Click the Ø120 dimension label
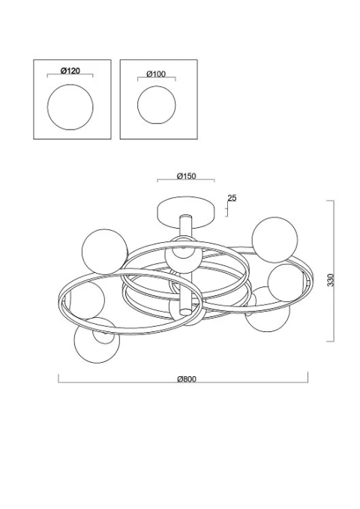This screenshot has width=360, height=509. pyautogui.click(x=70, y=70)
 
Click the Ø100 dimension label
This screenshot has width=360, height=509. pyautogui.click(x=156, y=74)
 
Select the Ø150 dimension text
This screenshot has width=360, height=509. pyautogui.click(x=187, y=176)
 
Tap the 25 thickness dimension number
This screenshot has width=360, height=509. pyautogui.click(x=232, y=198)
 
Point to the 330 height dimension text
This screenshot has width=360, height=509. pyautogui.click(x=330, y=280)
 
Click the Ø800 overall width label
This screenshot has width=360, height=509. pyautogui.click(x=187, y=379)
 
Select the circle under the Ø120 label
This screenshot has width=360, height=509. pyautogui.click(x=70, y=107)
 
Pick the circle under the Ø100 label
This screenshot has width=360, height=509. pyautogui.click(x=157, y=105)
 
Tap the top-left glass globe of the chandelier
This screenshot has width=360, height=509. pyautogui.click(x=105, y=251)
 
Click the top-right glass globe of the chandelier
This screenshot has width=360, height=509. pyautogui.click(x=274, y=240)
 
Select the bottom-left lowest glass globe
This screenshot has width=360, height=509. pyautogui.click(x=97, y=340)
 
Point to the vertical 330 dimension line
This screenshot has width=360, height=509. pyautogui.click(x=334, y=271)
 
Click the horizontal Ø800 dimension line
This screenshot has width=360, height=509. pyautogui.click(x=183, y=382)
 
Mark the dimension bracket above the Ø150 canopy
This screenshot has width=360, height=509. pyautogui.click(x=186, y=179)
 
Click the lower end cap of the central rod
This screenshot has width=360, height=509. pyautogui.click(x=185, y=312)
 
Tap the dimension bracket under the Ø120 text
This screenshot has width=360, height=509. pyautogui.click(x=70, y=75)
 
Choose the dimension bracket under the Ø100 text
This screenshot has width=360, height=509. pyautogui.click(x=157, y=78)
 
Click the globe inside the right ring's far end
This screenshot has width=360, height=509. pyautogui.click(x=286, y=283)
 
